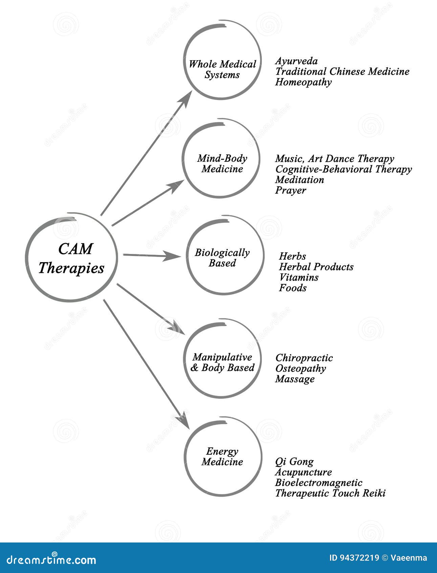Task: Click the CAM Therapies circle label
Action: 71,258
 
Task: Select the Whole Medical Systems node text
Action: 222,69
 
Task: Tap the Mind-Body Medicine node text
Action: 222,163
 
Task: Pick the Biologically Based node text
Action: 222,258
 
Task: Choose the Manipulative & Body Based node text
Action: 222,362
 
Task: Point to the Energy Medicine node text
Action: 222,456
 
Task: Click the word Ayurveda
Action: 296,61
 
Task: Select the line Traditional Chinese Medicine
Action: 342,72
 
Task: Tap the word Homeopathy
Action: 303,82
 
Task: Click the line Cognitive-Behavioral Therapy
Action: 343,169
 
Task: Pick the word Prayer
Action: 290,190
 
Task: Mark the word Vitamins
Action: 299,277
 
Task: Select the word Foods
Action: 292,288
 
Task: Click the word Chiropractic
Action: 304,358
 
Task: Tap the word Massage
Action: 294,379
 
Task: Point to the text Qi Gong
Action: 294,461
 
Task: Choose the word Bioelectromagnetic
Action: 319,482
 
